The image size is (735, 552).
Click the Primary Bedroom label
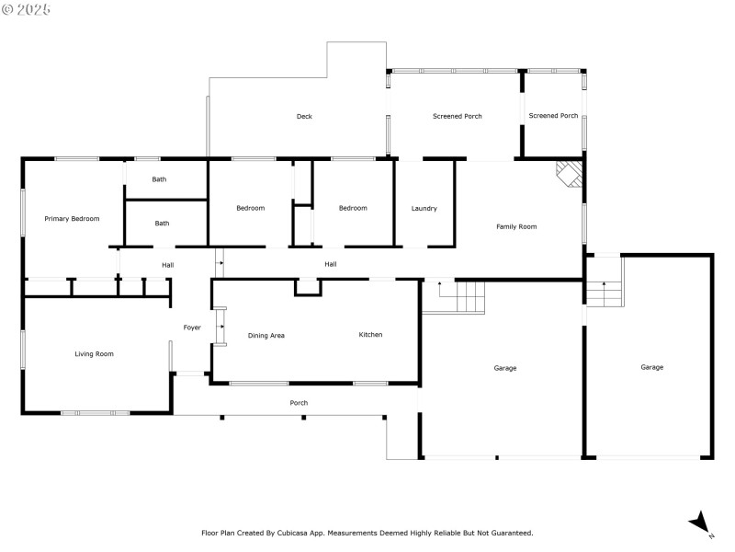tap(73, 219)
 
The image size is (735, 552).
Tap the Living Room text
tap(94, 354)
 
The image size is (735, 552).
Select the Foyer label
tap(192, 328)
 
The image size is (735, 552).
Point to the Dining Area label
tap(266, 336)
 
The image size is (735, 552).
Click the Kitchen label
tap(370, 335)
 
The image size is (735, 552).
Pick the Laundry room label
tap(424, 209)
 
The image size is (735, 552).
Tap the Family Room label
tap(516, 226)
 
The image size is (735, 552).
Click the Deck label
tap(304, 117)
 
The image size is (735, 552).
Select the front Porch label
tap(299, 403)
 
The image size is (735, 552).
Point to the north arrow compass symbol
tap(701, 523)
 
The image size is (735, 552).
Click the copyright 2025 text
tap(27, 9)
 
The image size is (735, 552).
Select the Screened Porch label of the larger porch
tap(458, 117)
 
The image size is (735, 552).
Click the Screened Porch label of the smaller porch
tap(553, 116)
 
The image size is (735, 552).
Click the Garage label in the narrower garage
tap(651, 367)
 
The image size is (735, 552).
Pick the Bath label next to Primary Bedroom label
tap(162, 224)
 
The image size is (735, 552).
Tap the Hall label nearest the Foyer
tap(168, 266)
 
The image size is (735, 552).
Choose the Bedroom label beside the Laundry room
tap(353, 208)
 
